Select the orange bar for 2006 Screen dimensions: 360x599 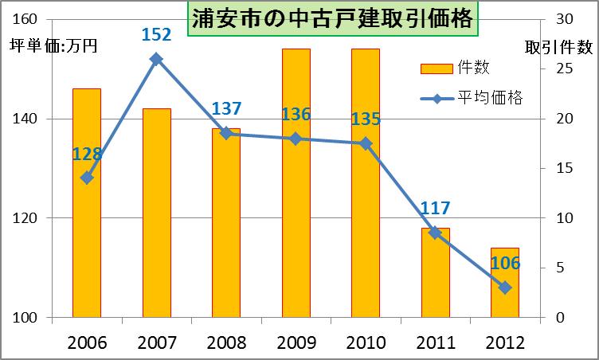[87, 203]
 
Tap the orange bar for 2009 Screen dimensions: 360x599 [296, 183]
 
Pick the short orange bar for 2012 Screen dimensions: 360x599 [504, 283]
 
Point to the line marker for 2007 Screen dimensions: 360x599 [157, 59]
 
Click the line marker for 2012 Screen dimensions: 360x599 [505, 288]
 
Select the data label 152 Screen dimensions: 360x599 [157, 35]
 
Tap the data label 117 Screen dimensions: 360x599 [435, 209]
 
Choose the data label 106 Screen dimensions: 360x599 [505, 264]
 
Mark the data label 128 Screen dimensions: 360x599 [88, 155]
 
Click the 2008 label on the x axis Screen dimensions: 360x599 [226, 343]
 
